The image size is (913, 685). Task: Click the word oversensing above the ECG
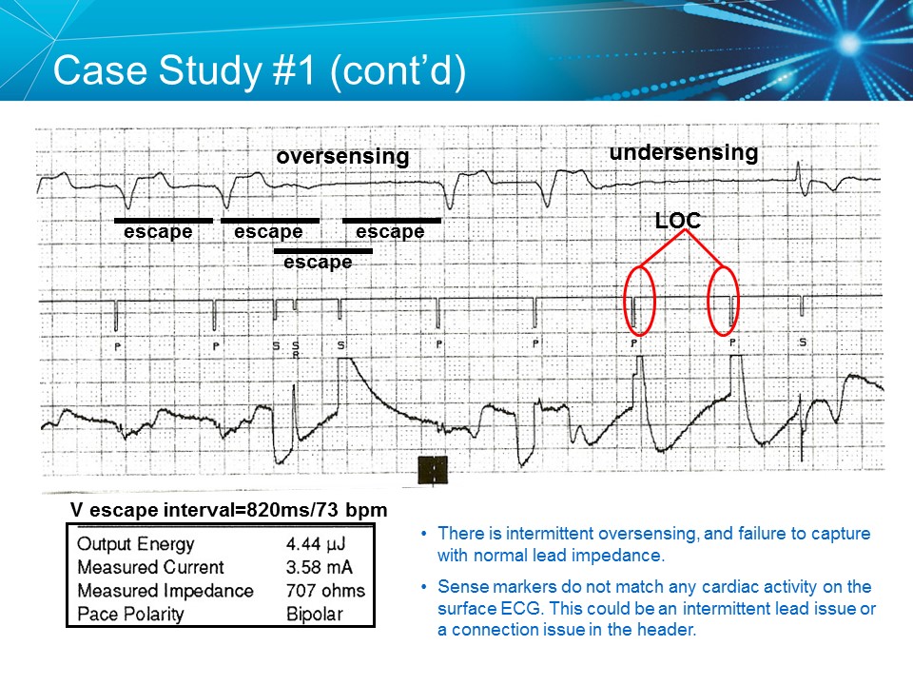click(x=342, y=156)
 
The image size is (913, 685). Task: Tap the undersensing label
click(x=683, y=152)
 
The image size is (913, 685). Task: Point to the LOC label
click(x=677, y=220)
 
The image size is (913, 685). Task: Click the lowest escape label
click(x=318, y=262)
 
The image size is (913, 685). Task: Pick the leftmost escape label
click(x=158, y=231)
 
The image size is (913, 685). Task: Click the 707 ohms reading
click(x=325, y=591)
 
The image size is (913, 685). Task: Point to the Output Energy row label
click(x=135, y=545)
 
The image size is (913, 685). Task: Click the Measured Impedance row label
click(x=165, y=591)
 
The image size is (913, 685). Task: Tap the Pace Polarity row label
click(x=131, y=614)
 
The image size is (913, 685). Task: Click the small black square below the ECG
click(x=433, y=470)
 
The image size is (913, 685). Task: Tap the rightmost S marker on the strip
click(x=803, y=342)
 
